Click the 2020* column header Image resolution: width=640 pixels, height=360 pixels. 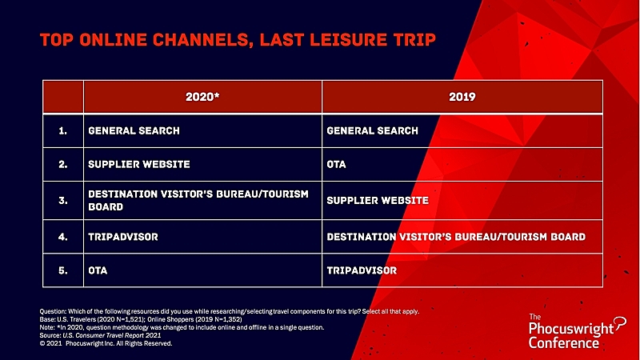[x=202, y=97]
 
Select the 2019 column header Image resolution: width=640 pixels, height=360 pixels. [x=462, y=97]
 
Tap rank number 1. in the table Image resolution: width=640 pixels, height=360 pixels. [x=63, y=130]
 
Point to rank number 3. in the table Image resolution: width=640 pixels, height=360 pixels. [x=63, y=201]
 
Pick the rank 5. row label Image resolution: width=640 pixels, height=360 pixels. [x=63, y=270]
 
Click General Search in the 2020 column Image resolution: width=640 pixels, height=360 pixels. [x=134, y=130]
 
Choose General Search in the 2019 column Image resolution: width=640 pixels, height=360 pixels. [x=372, y=130]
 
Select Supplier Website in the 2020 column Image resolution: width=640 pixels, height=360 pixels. [x=139, y=164]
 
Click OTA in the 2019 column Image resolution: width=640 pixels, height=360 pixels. [x=336, y=164]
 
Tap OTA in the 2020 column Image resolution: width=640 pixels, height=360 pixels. [x=98, y=270]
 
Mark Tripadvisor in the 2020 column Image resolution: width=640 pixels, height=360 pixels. [x=123, y=237]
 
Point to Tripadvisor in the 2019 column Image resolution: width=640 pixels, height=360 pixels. [x=362, y=270]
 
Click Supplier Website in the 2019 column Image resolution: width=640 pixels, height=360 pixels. [x=378, y=201]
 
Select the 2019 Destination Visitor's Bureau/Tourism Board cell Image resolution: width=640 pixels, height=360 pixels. [x=456, y=237]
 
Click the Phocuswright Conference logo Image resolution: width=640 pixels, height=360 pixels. [x=577, y=331]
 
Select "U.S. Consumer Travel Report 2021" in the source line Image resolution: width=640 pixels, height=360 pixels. [x=111, y=335]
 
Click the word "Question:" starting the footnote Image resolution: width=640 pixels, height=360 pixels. [x=53, y=311]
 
